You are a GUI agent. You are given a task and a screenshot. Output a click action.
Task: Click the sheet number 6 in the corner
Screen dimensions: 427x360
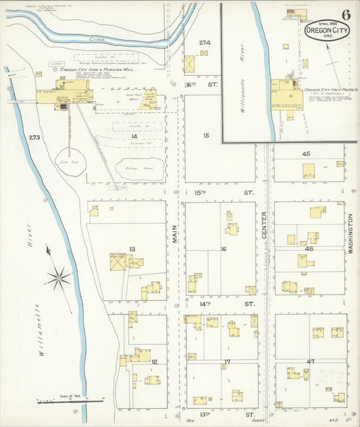pyautogui.click(x=345, y=15)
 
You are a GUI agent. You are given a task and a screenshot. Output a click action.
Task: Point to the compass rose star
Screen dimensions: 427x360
pyautogui.click(x=59, y=276)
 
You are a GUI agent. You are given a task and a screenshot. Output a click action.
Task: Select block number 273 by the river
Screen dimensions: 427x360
pyautogui.click(x=36, y=137)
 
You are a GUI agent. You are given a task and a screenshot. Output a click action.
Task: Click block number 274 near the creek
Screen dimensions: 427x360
pyautogui.click(x=205, y=43)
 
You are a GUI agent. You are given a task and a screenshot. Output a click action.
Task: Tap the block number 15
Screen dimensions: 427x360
pyautogui.click(x=206, y=136)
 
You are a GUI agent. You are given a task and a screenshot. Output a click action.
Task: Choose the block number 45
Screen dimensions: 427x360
pyautogui.click(x=306, y=154)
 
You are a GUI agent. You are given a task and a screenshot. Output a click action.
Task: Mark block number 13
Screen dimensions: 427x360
pyautogui.click(x=132, y=249)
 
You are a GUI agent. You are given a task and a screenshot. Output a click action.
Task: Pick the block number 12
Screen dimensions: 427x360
pyautogui.click(x=154, y=361)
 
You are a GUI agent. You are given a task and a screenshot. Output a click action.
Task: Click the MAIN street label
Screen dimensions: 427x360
pyautogui.click(x=174, y=234)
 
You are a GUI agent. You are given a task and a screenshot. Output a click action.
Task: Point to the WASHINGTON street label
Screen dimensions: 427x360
pyautogui.click(x=351, y=234)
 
